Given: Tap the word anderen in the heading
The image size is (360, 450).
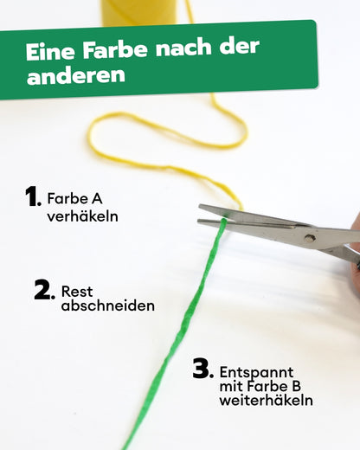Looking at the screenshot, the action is coord(76,75).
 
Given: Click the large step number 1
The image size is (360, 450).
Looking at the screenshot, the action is coord(32,196).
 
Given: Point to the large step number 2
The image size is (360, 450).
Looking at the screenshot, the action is coord(44,289).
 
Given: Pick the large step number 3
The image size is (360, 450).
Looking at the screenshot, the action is coord(203,369).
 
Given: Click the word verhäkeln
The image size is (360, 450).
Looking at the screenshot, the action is coord(82,216).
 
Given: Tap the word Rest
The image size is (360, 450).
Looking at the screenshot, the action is coord(77,292).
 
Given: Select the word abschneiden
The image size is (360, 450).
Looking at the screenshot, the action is coord(108,305).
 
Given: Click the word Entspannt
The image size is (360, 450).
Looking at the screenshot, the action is coord(256,373).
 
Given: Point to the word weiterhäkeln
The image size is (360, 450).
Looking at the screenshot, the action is coord(266,401).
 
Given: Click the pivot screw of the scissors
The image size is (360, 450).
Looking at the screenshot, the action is coord(310,238).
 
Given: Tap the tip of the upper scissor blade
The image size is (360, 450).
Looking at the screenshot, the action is coord(200,206).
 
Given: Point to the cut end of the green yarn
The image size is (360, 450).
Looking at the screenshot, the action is coord(223,220).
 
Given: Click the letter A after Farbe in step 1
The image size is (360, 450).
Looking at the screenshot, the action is coord(97,198).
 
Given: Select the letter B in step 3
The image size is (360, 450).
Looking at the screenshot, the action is coord(296,387).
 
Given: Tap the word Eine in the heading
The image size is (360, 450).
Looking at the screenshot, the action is coord(50,52).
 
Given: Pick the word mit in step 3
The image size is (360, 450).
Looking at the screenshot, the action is coord(231,387).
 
